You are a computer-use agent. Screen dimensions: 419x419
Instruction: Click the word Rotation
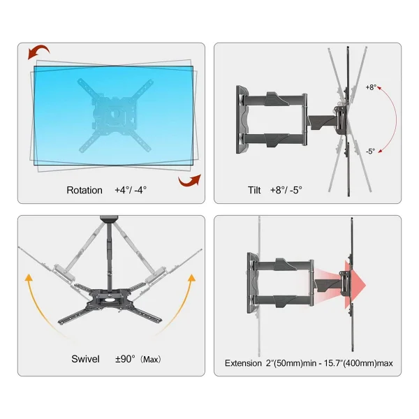(x=84, y=190)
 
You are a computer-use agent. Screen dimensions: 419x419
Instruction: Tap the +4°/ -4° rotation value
(x=131, y=190)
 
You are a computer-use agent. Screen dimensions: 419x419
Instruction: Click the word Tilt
(x=254, y=190)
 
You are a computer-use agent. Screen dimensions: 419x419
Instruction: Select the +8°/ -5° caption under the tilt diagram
(x=286, y=190)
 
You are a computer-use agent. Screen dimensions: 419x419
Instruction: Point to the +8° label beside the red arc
(x=372, y=87)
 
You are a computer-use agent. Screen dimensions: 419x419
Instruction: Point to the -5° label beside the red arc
(x=370, y=152)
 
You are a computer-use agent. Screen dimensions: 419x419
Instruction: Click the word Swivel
(x=85, y=359)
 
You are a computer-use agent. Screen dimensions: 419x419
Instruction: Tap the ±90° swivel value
(x=125, y=359)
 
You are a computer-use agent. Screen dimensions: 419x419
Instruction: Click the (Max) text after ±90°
(x=151, y=360)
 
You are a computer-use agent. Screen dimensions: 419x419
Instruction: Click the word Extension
(x=243, y=363)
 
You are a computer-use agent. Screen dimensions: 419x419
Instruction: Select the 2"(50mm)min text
(x=291, y=363)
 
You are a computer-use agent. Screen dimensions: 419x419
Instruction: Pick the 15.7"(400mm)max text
(x=359, y=363)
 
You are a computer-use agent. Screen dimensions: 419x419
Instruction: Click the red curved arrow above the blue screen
(x=38, y=52)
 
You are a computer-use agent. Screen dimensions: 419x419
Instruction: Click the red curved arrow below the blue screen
(x=190, y=180)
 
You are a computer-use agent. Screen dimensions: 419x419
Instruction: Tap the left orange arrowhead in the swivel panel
(x=29, y=278)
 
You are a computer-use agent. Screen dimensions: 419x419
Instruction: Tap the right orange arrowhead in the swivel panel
(x=192, y=279)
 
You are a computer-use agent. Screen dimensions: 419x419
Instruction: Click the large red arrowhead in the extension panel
(x=355, y=285)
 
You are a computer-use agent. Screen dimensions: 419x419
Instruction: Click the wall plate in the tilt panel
(x=242, y=119)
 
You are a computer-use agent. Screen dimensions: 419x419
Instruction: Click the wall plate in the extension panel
(x=253, y=283)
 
